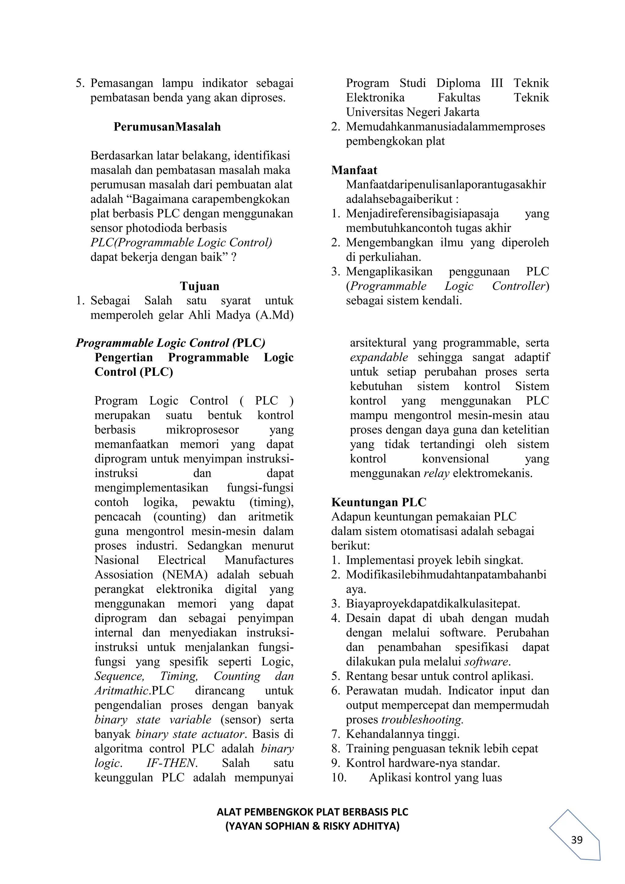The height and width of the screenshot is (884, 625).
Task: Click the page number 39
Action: pyautogui.click(x=576, y=840)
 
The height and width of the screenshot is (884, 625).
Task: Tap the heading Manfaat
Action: pyautogui.click(x=354, y=170)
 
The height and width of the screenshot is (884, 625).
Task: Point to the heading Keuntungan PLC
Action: pyautogui.click(x=379, y=502)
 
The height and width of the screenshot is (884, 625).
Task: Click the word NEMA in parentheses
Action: pyautogui.click(x=185, y=575)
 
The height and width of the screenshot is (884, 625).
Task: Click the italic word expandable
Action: pyautogui.click(x=379, y=357)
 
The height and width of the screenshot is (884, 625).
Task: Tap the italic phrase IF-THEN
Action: pyautogui.click(x=172, y=763)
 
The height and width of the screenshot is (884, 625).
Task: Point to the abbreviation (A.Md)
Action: pyautogui.click(x=274, y=315)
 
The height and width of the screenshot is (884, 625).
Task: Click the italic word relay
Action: pyautogui.click(x=436, y=473)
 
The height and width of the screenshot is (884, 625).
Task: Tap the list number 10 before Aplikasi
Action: pyautogui.click(x=339, y=777)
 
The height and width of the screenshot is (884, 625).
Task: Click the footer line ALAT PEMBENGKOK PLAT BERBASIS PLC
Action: pyautogui.click(x=312, y=812)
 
